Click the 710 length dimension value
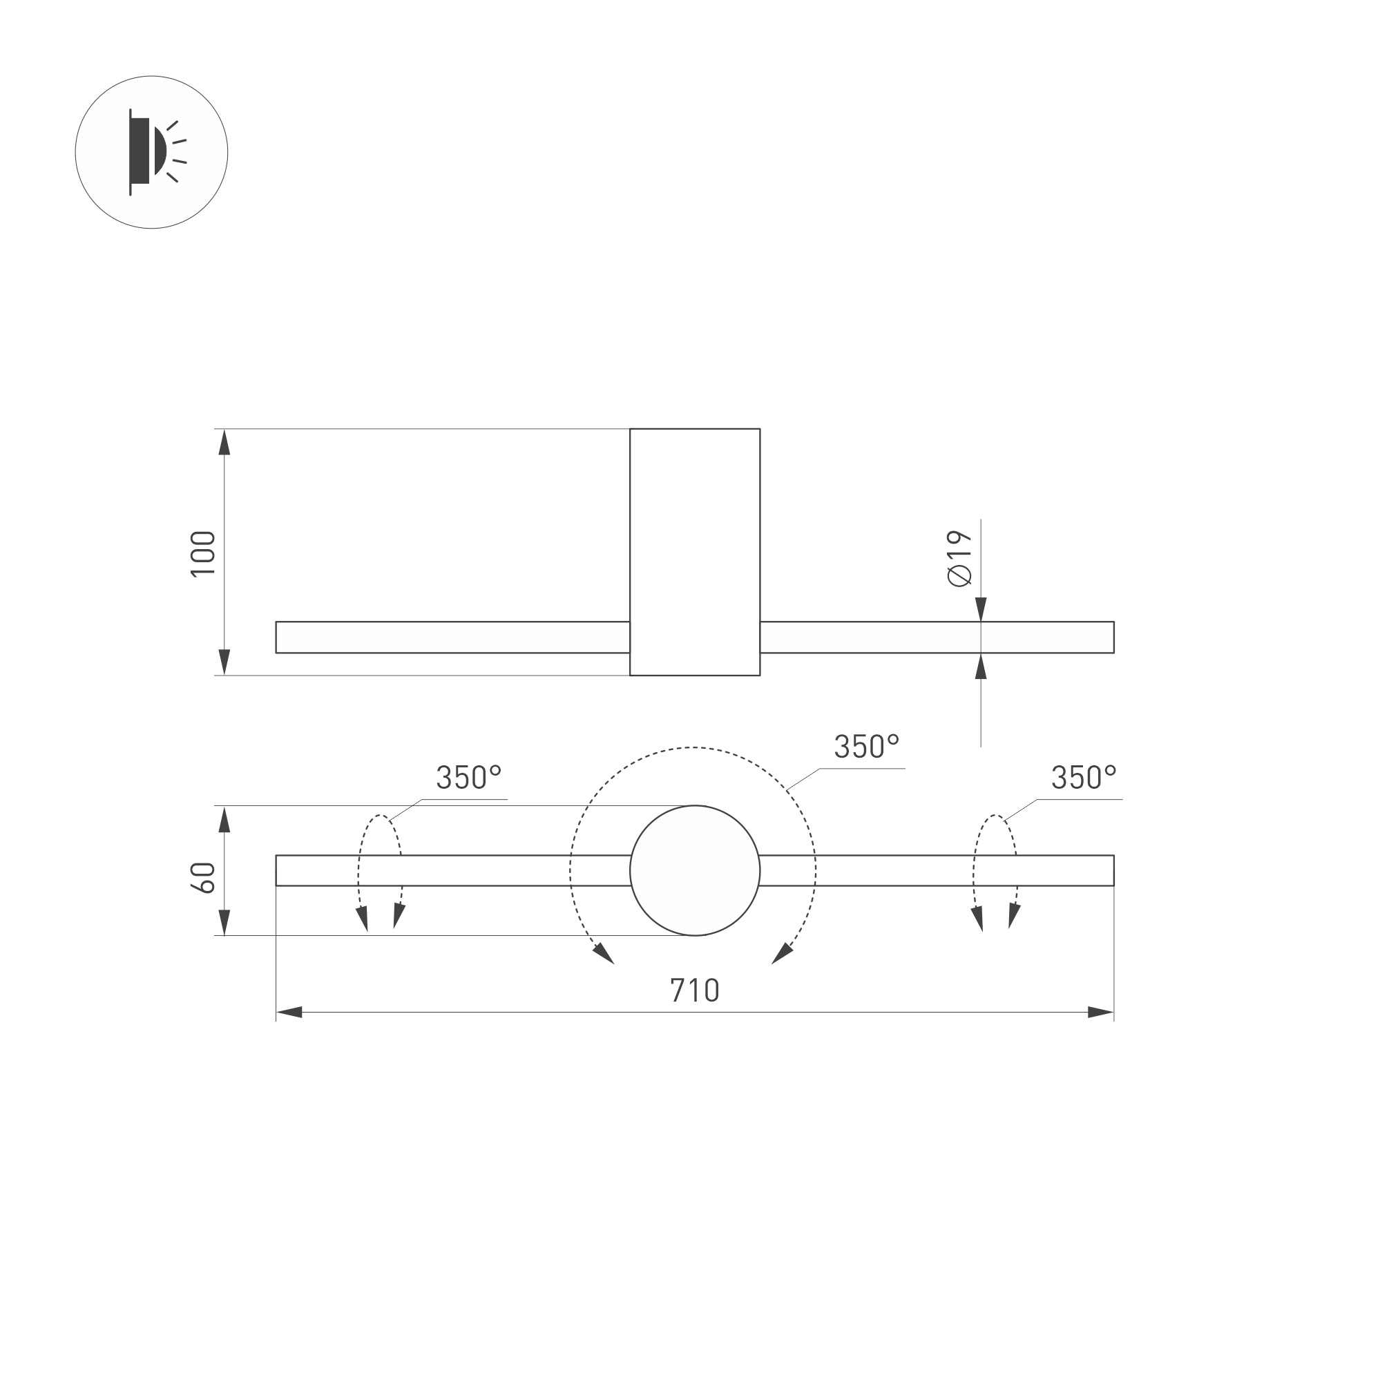click(x=694, y=990)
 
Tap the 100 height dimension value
click(x=204, y=553)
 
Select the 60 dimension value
click(x=204, y=877)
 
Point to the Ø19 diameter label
click(x=959, y=559)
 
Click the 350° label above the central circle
click(x=865, y=747)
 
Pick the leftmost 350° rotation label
click(x=468, y=778)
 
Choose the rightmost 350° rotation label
click(x=1083, y=778)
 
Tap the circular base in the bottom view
click(x=694, y=871)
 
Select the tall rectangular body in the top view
click(x=694, y=551)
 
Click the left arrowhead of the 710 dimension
click(x=289, y=1012)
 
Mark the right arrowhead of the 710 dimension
click(x=1100, y=1012)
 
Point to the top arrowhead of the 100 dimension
click(x=224, y=443)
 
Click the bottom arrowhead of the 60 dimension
click(x=224, y=922)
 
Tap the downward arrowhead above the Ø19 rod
click(x=981, y=608)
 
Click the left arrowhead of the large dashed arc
click(x=604, y=954)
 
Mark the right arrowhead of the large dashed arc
click(x=782, y=954)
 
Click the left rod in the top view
click(x=452, y=637)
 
